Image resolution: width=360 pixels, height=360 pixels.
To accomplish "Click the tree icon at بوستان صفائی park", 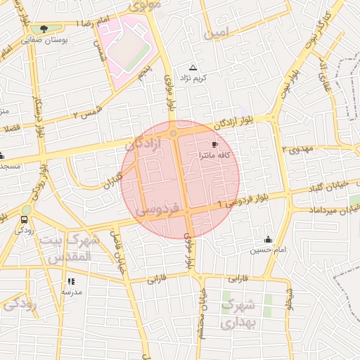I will click(x=44, y=30).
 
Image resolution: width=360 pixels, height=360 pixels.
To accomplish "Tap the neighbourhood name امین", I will click(x=216, y=34).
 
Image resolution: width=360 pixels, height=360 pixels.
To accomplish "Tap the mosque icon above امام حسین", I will click(x=267, y=239).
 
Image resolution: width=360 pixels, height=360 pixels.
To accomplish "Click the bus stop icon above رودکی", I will click(x=25, y=219).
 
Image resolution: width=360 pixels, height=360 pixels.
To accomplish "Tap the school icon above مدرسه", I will click(x=71, y=281).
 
